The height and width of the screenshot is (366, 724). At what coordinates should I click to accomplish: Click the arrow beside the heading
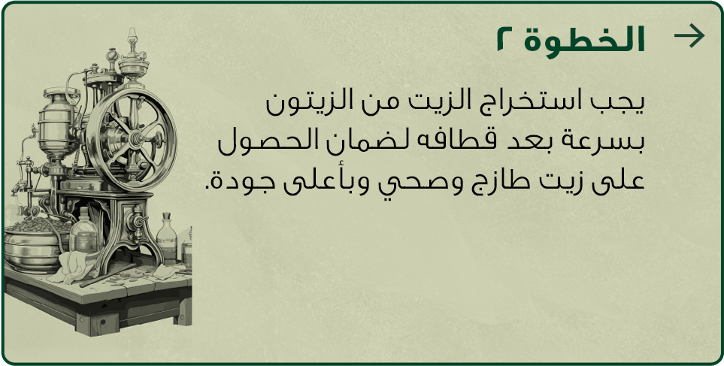(689, 36)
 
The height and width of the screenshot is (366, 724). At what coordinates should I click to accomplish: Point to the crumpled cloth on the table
(74, 267)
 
